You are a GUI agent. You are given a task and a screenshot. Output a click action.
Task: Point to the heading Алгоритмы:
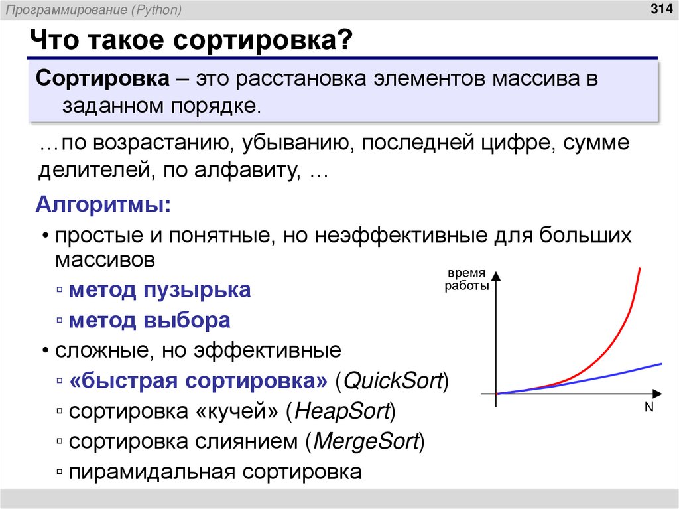tap(102, 204)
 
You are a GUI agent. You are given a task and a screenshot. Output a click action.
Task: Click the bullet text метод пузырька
tap(160, 290)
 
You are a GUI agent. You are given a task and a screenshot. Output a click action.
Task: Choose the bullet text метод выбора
tap(150, 321)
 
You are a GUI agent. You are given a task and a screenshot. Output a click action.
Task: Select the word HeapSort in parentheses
tap(341, 411)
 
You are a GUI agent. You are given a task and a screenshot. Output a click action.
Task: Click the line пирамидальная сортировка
tap(216, 472)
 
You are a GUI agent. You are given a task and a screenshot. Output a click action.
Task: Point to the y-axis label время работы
tap(466, 280)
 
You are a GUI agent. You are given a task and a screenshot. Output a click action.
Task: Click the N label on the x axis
tap(648, 408)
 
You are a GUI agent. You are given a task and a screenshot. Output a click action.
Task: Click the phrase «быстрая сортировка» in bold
tap(198, 382)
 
